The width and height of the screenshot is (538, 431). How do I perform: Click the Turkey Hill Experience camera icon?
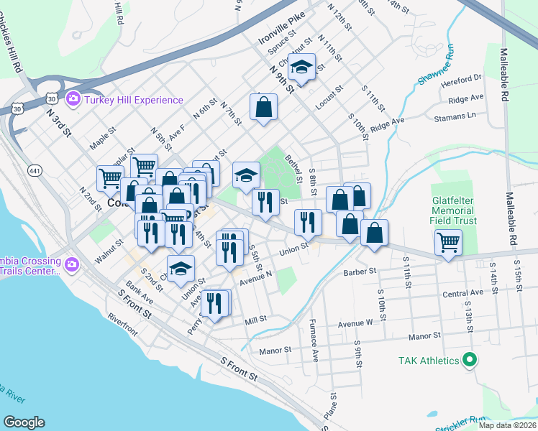[73, 99]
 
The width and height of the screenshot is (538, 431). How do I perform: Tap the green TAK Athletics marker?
[470, 360]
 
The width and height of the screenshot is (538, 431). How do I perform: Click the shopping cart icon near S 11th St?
[449, 244]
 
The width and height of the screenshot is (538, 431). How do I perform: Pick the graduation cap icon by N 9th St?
[301, 68]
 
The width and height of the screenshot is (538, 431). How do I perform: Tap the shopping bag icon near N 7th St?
[264, 108]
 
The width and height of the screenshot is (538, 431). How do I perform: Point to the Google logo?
[24, 422]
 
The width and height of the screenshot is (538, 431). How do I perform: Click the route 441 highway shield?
[34, 170]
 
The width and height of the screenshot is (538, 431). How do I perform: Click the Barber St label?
[360, 272]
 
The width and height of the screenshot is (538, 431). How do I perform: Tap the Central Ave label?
[462, 293]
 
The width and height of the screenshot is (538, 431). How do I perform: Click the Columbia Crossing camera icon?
[71, 265]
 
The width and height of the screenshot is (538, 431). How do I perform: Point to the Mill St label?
[255, 320]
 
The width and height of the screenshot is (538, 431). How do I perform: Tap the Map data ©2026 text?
[507, 425]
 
